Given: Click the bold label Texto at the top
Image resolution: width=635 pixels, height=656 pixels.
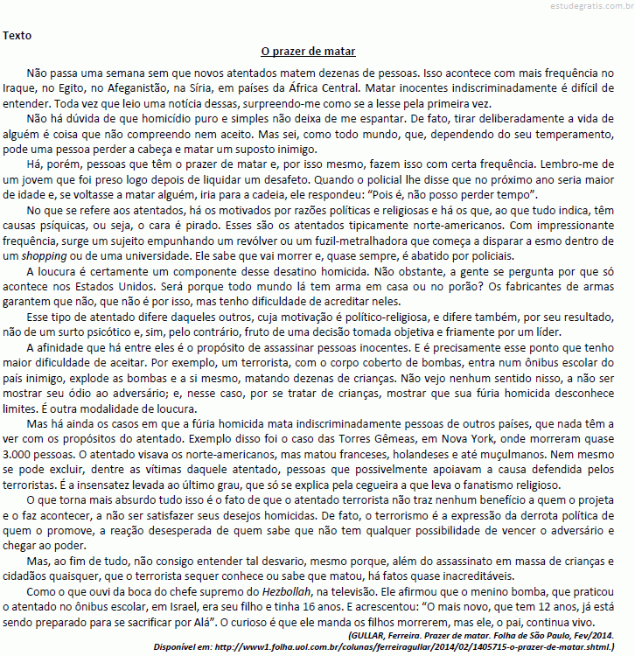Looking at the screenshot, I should pos(18,36).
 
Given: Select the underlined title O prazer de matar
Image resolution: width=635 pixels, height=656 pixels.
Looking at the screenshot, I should pos(308,52).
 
